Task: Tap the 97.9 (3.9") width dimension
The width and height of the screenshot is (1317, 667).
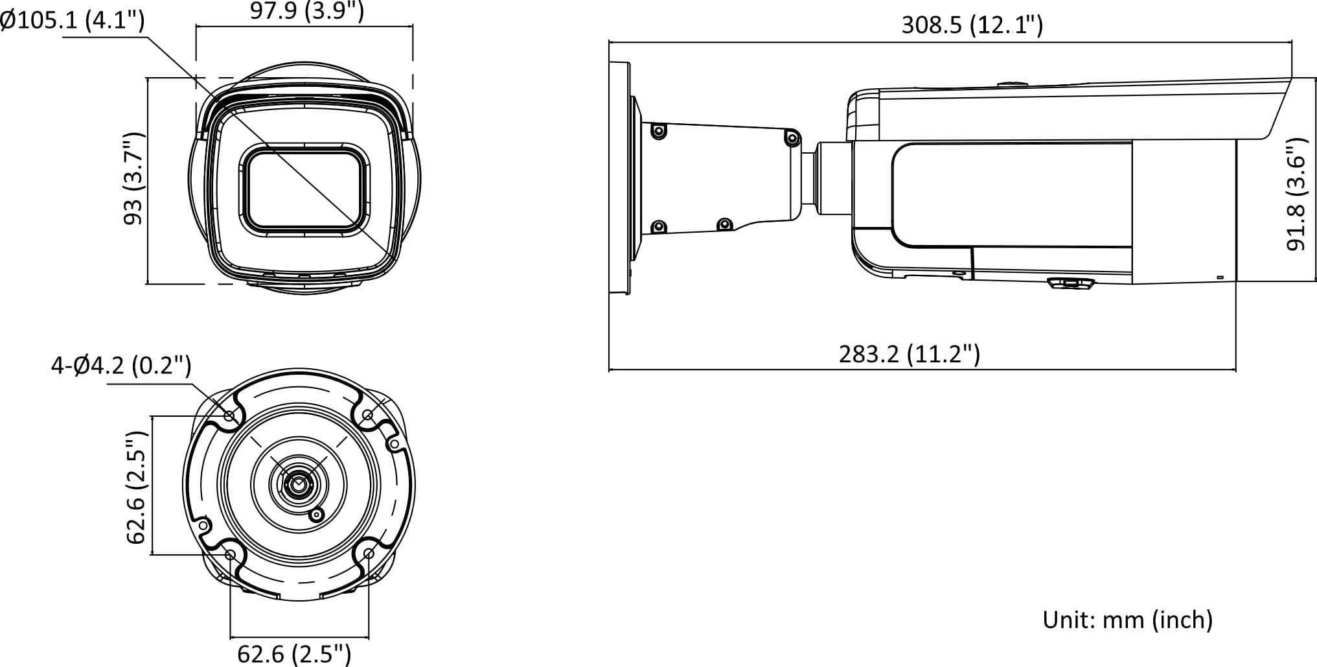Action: coord(307,10)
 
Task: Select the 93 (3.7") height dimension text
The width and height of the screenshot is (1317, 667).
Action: coord(134,179)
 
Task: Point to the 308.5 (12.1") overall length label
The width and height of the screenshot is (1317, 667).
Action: coord(972,25)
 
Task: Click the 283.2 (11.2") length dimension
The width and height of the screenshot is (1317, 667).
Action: coord(910,354)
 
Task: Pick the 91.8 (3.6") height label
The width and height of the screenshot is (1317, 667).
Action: coord(1296,194)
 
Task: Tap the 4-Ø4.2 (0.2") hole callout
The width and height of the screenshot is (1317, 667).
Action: coord(121,366)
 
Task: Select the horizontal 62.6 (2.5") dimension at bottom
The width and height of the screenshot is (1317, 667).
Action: coord(294,653)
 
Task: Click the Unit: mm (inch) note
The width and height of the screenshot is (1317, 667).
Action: coord(1127,620)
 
